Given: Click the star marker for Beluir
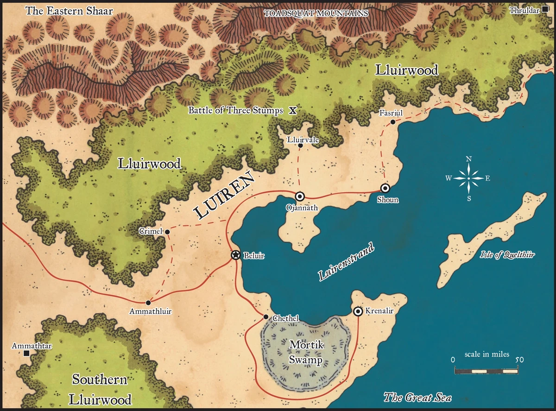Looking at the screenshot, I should pos(235,255).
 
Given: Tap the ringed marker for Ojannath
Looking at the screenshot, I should pos(299,196).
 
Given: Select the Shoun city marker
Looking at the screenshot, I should pos(385,188).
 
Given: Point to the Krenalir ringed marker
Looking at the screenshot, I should pos(358,311).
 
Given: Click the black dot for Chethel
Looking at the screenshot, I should pos(265,317).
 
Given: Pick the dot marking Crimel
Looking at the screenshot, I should pos(167,231).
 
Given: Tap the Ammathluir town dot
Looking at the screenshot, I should pos(148,303).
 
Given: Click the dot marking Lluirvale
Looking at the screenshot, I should pos(300,145).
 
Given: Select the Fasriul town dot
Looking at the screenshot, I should pos(392,122).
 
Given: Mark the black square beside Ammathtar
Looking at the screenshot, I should pos(26,354).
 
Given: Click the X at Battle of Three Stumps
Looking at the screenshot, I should pos(292,110).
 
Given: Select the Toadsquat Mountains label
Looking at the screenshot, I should pos(316,13).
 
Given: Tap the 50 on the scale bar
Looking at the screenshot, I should pos(518,360).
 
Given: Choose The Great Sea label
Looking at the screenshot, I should pos(417,397).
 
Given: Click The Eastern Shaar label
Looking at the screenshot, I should pos(69,11).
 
